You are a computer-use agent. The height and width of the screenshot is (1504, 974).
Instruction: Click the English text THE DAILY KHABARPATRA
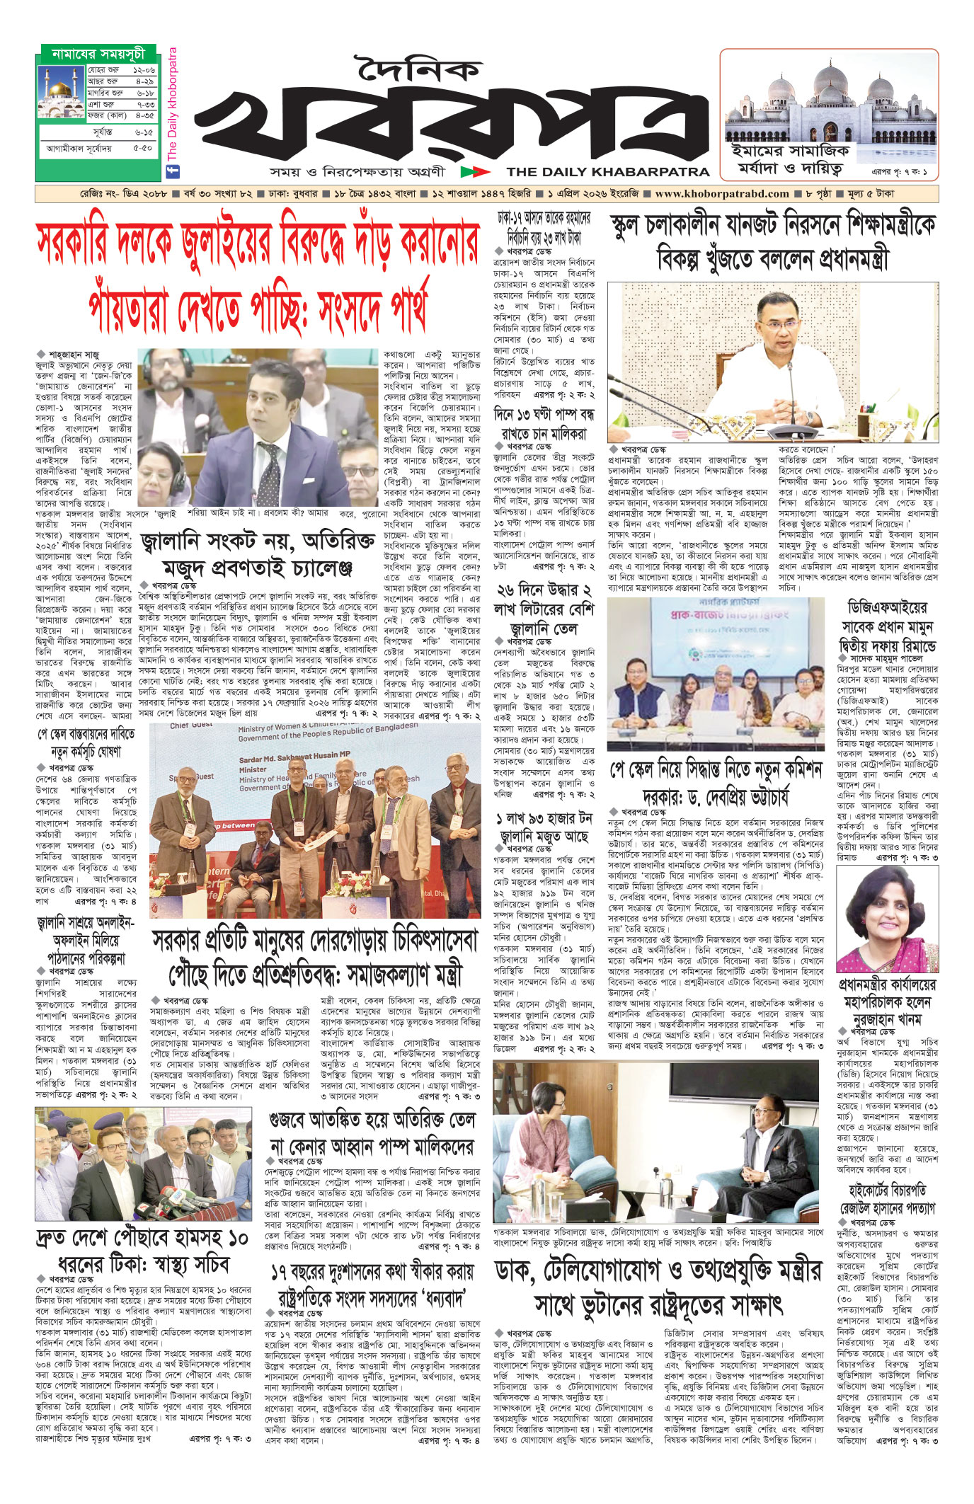607,171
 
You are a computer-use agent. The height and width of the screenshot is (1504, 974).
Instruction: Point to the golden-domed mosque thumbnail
62,92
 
